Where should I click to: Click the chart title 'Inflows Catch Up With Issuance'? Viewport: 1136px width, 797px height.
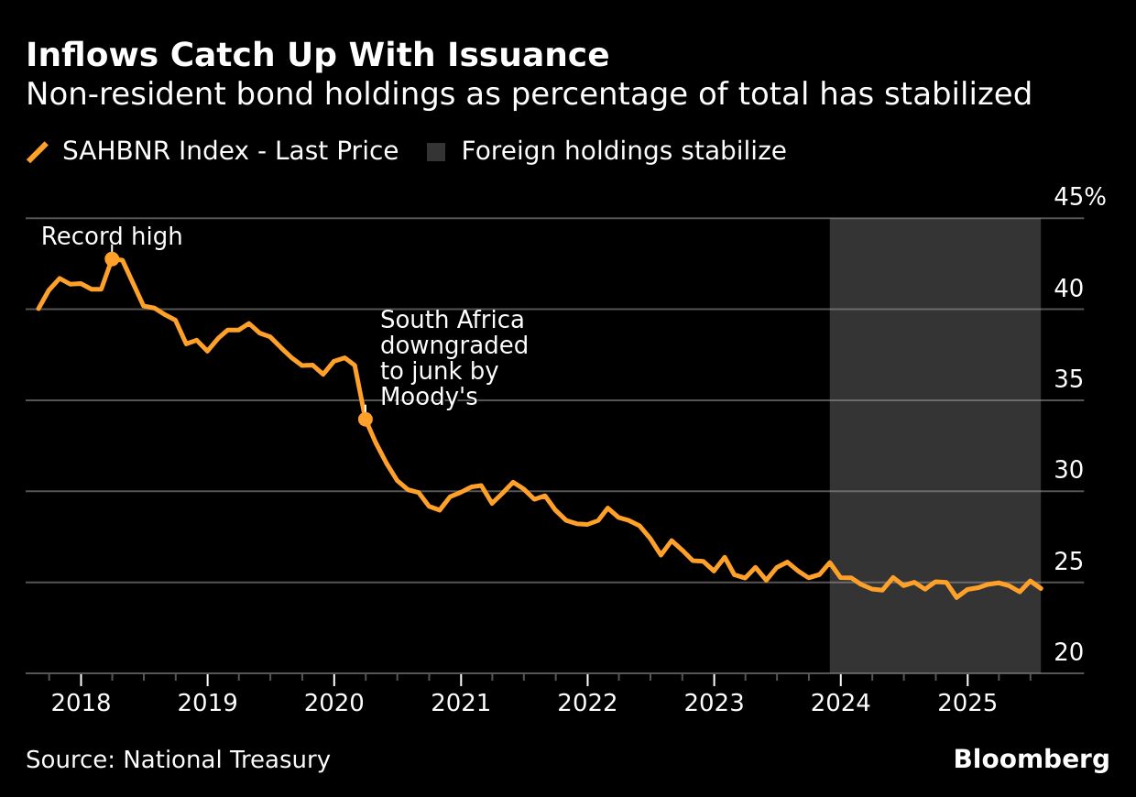point(317,56)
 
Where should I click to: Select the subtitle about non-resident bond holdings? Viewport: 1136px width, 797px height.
point(529,94)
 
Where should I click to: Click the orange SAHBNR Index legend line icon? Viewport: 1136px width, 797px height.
point(38,152)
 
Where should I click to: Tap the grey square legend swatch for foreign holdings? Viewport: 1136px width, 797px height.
point(436,152)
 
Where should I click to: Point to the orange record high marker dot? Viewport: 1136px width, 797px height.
point(112,259)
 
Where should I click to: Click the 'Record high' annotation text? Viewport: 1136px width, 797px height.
point(112,236)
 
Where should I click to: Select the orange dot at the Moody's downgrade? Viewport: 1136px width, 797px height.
point(365,419)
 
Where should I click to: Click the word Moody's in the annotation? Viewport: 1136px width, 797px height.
point(429,397)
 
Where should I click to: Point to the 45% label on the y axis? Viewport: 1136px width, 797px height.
point(1080,197)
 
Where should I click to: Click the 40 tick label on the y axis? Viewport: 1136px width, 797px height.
point(1069,289)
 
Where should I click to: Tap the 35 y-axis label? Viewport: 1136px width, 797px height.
point(1069,379)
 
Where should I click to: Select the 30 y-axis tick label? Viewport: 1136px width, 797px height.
point(1069,470)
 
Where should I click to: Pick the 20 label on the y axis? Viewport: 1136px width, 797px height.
point(1069,652)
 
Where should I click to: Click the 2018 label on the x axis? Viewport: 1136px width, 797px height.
point(81,704)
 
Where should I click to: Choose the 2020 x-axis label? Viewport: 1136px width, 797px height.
point(333,704)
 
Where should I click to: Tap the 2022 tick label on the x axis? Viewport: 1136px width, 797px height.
point(586,704)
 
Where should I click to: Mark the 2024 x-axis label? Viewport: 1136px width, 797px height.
point(840,704)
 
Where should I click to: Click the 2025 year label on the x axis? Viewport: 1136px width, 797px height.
point(967,704)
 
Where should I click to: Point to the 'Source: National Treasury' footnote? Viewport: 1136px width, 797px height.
point(178,759)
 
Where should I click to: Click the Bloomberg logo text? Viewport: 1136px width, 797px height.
point(1031,759)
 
